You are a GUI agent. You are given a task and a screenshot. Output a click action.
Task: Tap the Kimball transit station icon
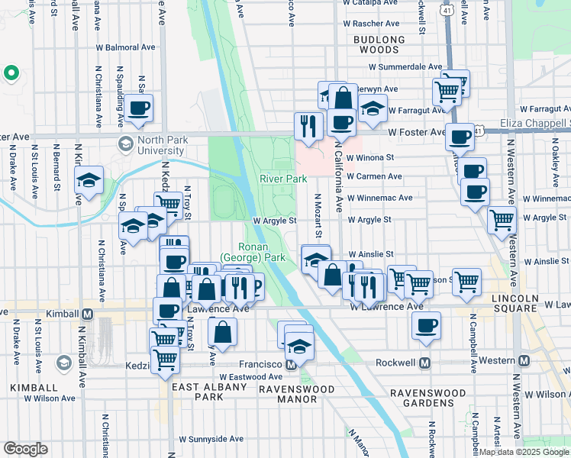point(87,314)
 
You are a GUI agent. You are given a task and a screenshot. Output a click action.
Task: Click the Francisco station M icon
point(290,365)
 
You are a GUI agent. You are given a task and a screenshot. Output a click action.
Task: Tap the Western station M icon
point(524,360)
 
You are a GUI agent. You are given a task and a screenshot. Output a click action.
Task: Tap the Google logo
point(25,449)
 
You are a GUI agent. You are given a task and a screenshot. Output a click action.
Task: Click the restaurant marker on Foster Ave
point(308,124)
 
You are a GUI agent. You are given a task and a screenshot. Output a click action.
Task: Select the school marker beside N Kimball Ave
point(89,182)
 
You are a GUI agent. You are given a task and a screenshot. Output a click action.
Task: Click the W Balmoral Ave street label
point(127,46)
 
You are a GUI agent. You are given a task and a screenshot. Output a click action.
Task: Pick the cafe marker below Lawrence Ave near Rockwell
point(425,326)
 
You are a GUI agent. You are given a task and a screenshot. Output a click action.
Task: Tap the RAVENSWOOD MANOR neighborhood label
point(295,395)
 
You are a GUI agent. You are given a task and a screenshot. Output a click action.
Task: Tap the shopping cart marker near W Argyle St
point(501,220)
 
